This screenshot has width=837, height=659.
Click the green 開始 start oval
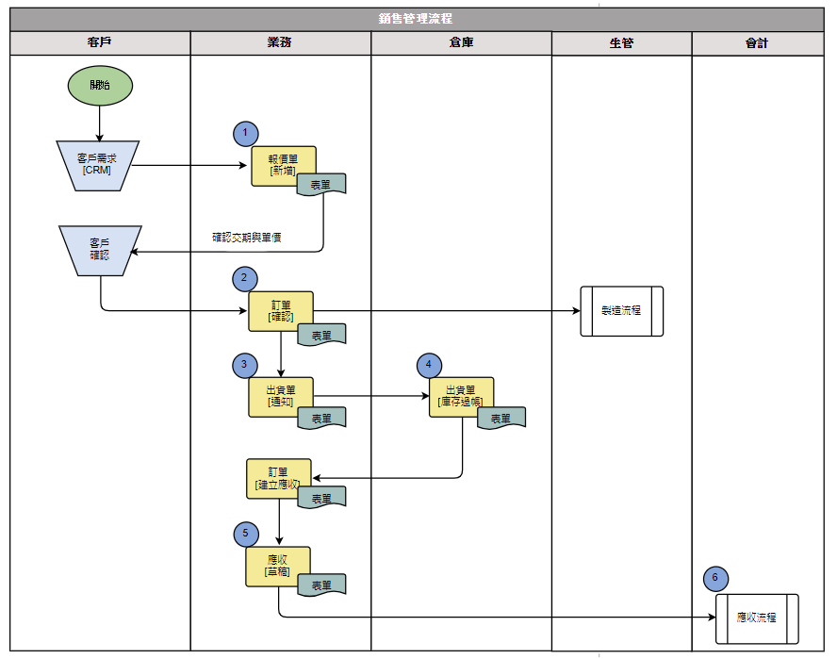[x=99, y=85]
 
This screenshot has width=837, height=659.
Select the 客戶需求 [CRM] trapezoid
[x=98, y=165]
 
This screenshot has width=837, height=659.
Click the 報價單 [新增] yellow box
[x=281, y=164]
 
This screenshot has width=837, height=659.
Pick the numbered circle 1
[x=245, y=134]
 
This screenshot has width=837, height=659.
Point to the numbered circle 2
[x=245, y=278]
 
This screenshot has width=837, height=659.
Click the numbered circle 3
[x=245, y=364]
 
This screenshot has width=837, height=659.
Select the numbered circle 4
[x=429, y=364]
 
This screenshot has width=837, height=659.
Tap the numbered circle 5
[x=245, y=534]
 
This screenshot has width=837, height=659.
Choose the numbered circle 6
[x=715, y=578]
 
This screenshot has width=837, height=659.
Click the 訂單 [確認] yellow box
[x=280, y=309]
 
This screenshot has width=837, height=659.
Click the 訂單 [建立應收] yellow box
[x=277, y=477]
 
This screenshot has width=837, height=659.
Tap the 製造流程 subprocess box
[x=621, y=310]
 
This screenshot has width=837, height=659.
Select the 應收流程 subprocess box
[x=756, y=618]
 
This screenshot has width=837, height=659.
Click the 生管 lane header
[x=621, y=43]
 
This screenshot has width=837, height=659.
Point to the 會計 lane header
[x=757, y=43]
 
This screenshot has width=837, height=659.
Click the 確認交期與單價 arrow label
[x=247, y=238]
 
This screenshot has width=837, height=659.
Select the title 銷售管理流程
[x=416, y=19]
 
